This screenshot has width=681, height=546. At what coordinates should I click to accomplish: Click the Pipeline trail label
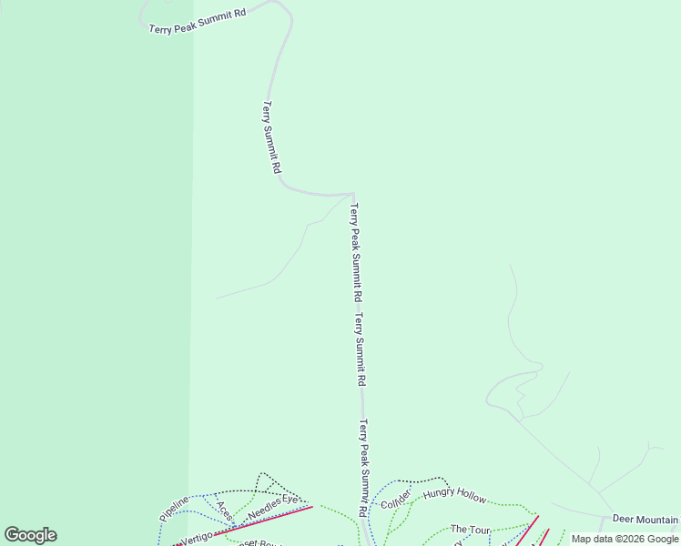click(x=174, y=508)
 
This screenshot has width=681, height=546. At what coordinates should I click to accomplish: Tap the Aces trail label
click(x=225, y=511)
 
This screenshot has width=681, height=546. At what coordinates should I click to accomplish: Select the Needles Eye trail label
click(x=273, y=507)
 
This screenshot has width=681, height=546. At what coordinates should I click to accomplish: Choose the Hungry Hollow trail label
click(x=454, y=495)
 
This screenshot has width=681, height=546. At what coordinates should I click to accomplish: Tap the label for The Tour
click(x=471, y=530)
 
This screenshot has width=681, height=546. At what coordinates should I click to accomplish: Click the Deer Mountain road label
click(x=645, y=519)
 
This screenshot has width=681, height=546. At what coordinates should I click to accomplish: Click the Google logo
click(x=30, y=535)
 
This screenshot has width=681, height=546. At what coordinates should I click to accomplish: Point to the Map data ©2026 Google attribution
click(x=625, y=539)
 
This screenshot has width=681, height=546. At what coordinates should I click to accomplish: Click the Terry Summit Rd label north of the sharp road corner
click(x=271, y=137)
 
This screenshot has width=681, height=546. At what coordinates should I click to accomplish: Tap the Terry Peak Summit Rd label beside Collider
click(x=363, y=469)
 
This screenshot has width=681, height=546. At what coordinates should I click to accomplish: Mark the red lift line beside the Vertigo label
click(x=264, y=519)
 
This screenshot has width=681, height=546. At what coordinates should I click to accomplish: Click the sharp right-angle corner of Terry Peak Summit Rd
click(x=352, y=194)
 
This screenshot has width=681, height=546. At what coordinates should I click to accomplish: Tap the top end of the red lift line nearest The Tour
click(x=538, y=517)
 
